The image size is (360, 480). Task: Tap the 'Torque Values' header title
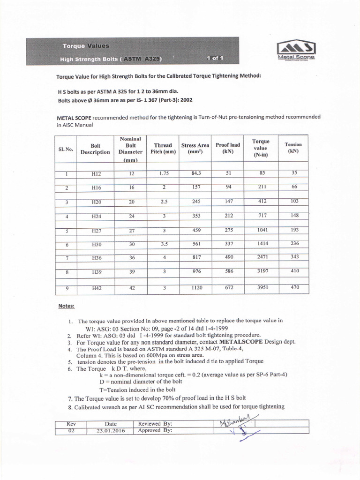click(86, 46)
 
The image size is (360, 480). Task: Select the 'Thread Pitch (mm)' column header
click(163, 149)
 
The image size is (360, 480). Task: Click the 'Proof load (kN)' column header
click(227, 149)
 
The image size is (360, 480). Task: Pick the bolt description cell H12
click(97, 174)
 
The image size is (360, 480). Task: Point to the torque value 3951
click(262, 287)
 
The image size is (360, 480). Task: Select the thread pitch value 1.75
click(164, 173)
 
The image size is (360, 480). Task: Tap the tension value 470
click(294, 287)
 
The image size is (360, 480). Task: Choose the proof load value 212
click(229, 216)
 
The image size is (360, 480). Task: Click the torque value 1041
click(262, 230)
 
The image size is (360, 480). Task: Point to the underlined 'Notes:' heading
click(66, 306)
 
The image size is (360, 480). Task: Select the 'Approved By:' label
click(155, 430)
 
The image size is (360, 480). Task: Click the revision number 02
click(71, 430)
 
